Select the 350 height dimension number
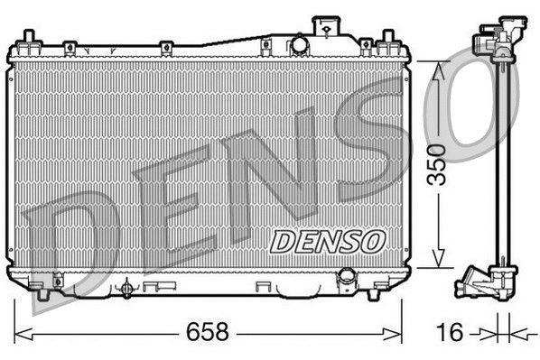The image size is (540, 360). click(437, 164)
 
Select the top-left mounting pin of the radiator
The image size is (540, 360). click(29, 38)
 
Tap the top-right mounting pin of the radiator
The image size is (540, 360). click(388, 39)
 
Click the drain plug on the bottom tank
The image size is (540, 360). click(126, 288)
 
